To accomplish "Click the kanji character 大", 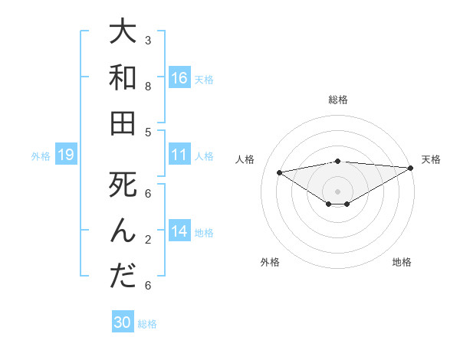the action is tap(123, 33).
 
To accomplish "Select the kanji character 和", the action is tap(123, 78).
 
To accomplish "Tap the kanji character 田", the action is tap(123, 123).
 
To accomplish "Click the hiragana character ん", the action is tap(123, 231).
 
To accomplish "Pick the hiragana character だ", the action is tap(123, 276).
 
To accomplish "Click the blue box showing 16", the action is tap(179, 78).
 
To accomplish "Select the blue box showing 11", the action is tap(179, 155).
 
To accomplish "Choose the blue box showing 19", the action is tap(65, 155).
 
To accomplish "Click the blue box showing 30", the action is tap(123, 322).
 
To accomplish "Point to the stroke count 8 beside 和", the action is tap(147, 86).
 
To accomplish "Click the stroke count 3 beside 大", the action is tap(147, 40).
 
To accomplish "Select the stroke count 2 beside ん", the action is tap(147, 239).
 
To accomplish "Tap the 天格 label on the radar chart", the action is tap(431, 159).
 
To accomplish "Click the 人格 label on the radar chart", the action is tap(245, 159).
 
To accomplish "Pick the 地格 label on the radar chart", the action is tap(402, 262).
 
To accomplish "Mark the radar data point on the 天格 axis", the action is tap(411, 167).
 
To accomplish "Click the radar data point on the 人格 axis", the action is tap(279, 172).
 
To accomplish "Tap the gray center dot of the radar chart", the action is tap(337, 191).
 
